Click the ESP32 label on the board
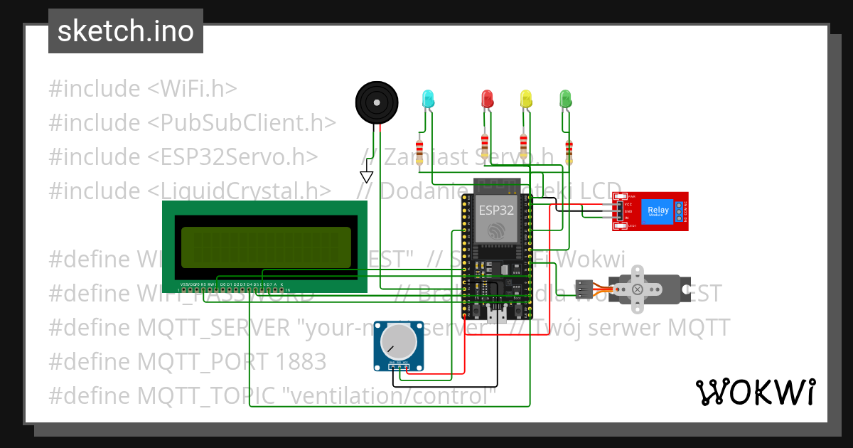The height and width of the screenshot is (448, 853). tap(495, 210)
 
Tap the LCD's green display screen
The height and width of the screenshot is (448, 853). tap(266, 247)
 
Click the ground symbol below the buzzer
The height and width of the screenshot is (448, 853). tap(367, 176)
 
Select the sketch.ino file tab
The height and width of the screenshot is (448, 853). tap(126, 31)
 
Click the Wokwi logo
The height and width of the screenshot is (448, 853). tap(755, 392)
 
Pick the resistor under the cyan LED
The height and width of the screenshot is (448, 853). tap(419, 151)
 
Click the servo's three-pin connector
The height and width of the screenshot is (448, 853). tap(584, 289)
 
